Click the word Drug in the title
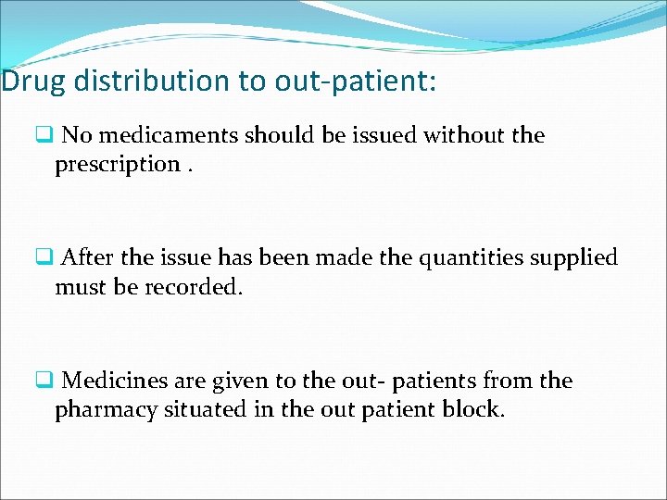[x=33, y=81]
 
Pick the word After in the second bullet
[x=88, y=257]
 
